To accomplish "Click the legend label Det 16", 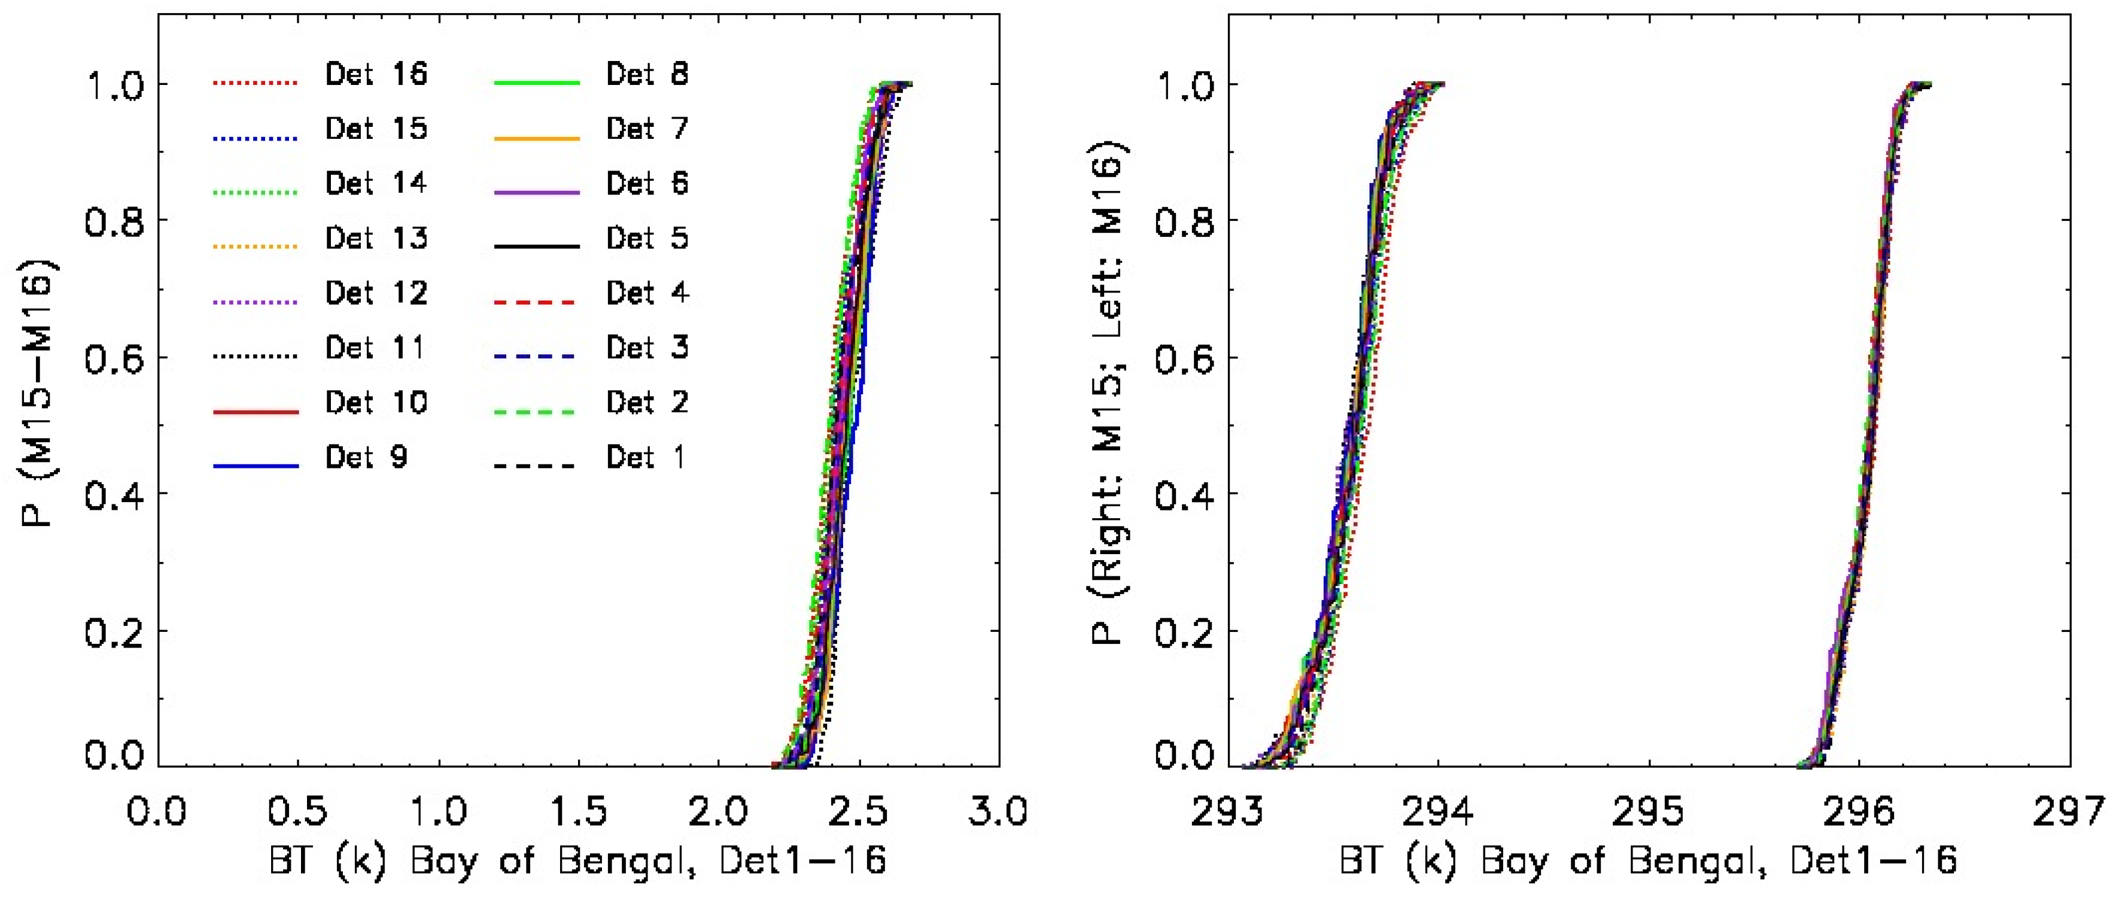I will coord(376,75).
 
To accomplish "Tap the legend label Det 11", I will coord(376,348).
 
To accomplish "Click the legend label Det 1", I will coord(646,458).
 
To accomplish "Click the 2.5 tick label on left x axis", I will coord(858,813).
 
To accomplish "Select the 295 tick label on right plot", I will coord(1648,813).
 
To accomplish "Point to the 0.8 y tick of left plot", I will coord(115,221).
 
